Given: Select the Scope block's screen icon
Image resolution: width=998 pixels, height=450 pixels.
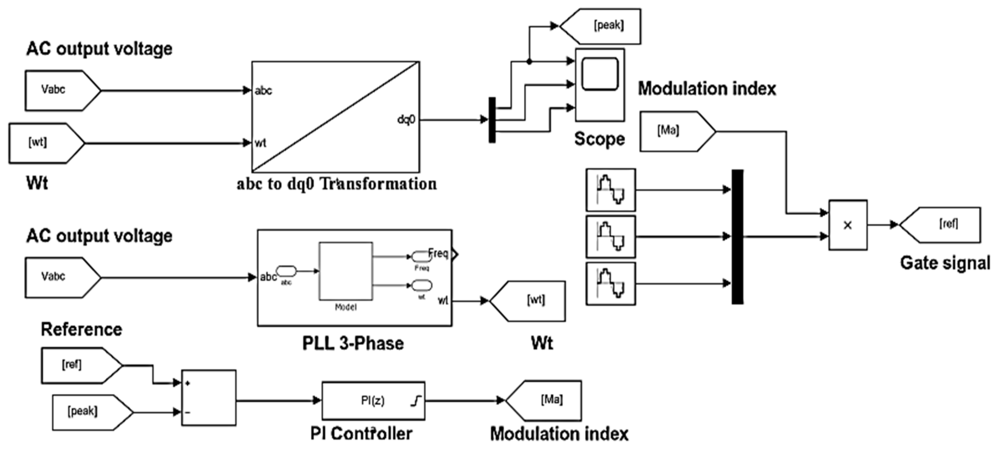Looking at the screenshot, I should point(600,74).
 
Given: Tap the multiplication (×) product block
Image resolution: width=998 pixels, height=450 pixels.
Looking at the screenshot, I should point(848,225).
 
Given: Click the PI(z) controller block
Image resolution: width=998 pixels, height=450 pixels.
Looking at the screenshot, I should point(373,401).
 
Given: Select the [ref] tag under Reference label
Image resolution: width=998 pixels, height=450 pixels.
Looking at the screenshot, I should point(77,365).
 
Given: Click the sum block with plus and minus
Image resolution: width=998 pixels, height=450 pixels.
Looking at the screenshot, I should point(209,398).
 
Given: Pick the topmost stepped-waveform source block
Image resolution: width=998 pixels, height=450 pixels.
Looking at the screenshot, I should point(611,190).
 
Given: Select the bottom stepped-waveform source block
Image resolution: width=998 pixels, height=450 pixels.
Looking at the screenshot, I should point(611,284).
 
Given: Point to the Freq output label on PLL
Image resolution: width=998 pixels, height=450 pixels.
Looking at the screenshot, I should point(438,254).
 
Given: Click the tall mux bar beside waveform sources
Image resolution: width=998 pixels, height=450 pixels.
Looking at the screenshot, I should point(737,237).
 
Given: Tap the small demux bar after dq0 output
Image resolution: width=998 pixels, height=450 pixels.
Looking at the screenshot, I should point(492,120).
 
